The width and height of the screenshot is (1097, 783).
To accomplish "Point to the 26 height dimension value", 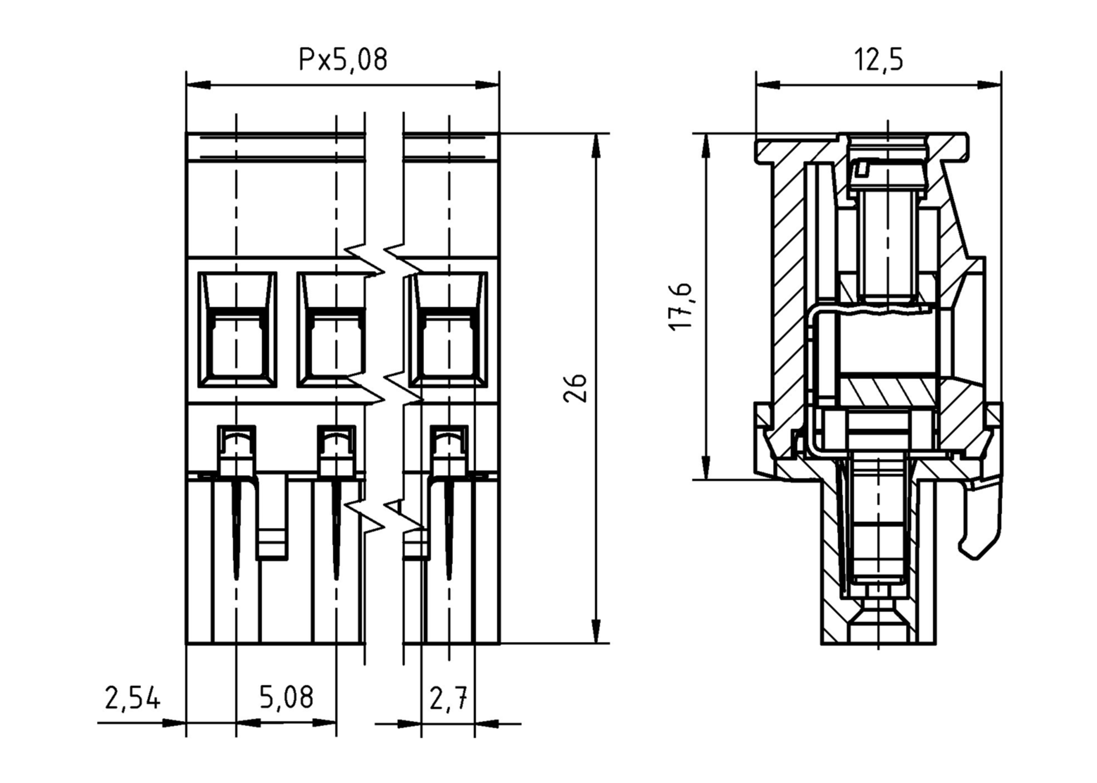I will pyautogui.click(x=575, y=388).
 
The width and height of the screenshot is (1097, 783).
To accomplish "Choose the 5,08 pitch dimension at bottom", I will pyautogui.click(x=286, y=697).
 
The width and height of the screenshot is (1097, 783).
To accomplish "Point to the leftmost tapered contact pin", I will pyautogui.click(x=236, y=530).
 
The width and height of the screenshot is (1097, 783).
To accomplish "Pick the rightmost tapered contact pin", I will pyautogui.click(x=449, y=530).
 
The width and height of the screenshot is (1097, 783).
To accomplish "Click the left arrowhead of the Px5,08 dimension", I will pyautogui.click(x=198, y=85).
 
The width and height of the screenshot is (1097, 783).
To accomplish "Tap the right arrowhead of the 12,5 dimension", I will pyautogui.click(x=989, y=85).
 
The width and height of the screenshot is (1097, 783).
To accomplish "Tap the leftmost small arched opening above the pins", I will pyautogui.click(x=236, y=440).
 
